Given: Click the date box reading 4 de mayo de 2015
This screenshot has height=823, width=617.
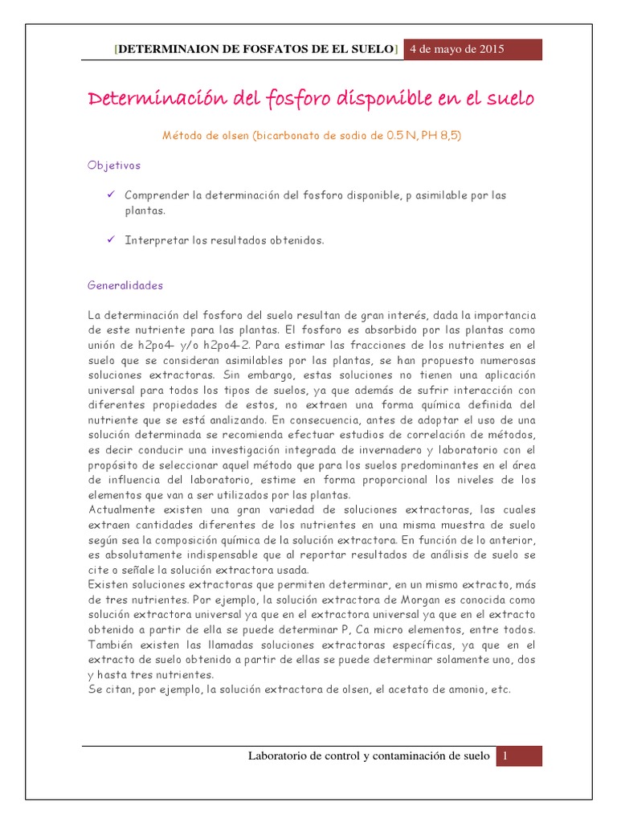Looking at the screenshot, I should coord(457,49).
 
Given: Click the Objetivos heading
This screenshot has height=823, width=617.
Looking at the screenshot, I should coord(114,165).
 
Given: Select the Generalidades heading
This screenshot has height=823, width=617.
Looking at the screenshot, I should coord(125,285).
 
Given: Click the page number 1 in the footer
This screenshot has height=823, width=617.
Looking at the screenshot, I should coord(507,756).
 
